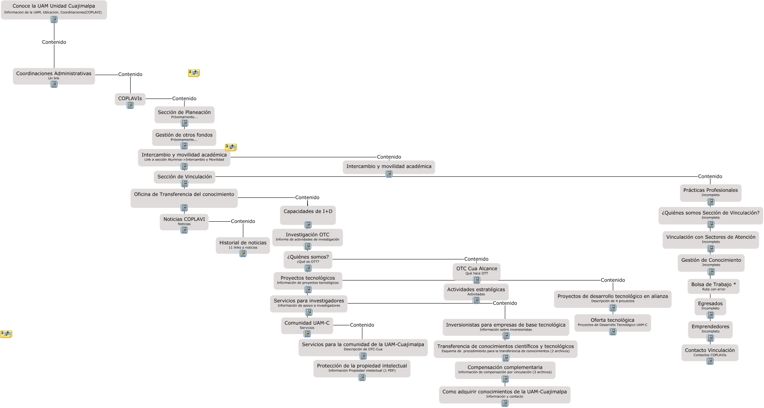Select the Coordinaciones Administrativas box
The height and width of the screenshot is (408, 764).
click(x=54, y=75)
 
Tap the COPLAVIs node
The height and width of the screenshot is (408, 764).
click(x=130, y=99)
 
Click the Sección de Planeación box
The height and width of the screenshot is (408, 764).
click(x=184, y=114)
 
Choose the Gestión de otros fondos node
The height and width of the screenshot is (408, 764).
click(x=184, y=136)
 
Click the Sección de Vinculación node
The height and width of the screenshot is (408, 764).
click(x=185, y=177)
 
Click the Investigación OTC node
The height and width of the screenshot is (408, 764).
click(x=307, y=236)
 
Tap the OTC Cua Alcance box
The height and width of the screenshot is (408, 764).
click(x=476, y=270)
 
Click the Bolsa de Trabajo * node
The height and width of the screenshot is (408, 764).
click(x=713, y=286)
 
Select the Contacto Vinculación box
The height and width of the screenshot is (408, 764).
click(x=710, y=352)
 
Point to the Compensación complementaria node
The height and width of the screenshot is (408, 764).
click(x=505, y=369)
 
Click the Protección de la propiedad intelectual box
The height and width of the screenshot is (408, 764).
click(x=362, y=367)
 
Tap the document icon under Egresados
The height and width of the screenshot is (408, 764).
click(x=710, y=315)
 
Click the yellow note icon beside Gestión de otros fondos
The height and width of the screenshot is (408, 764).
click(x=231, y=147)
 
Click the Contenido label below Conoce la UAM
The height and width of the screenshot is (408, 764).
click(x=54, y=42)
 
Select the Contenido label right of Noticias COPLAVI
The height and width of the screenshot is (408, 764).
click(x=243, y=221)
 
